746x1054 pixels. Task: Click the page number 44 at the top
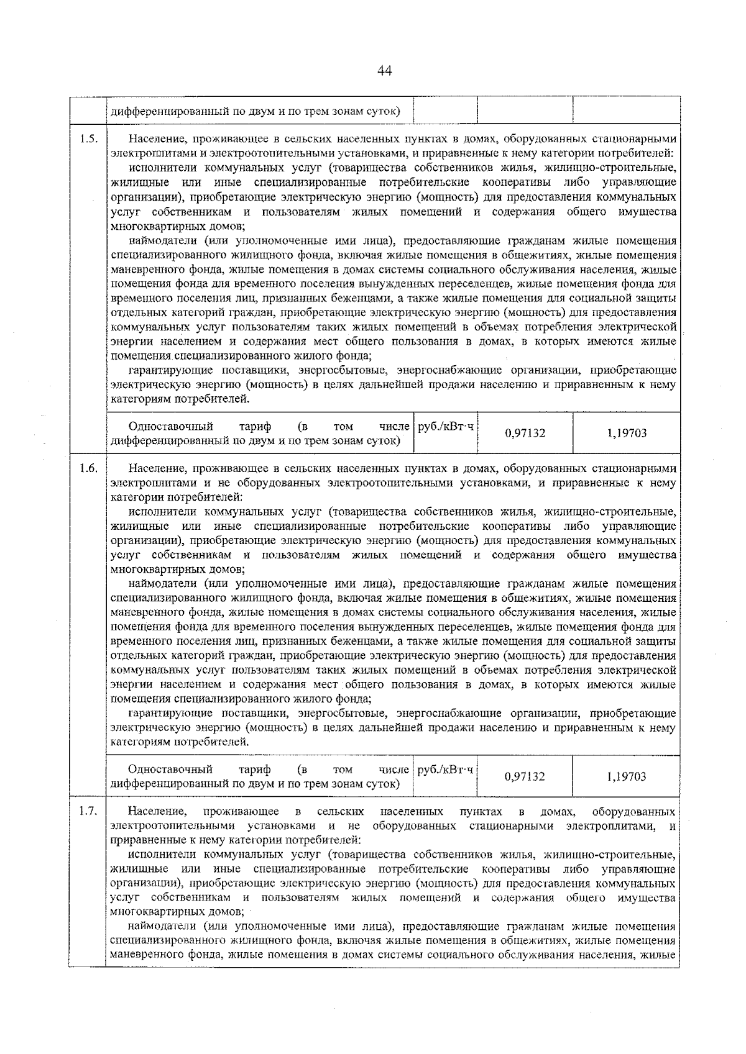[x=384, y=71]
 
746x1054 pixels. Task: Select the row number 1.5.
[x=88, y=139]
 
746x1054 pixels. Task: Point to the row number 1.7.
[x=88, y=811]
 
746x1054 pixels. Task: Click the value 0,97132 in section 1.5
[x=525, y=433]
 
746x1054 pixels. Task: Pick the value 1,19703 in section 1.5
[x=627, y=433]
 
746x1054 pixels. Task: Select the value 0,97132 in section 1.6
[x=525, y=776]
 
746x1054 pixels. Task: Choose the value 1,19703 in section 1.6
[x=627, y=776]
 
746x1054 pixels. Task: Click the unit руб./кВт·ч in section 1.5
[x=445, y=427]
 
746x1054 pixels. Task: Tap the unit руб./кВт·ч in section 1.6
[x=445, y=770]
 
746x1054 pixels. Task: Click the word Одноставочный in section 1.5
[x=170, y=427]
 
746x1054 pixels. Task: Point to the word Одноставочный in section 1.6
[x=170, y=770]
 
